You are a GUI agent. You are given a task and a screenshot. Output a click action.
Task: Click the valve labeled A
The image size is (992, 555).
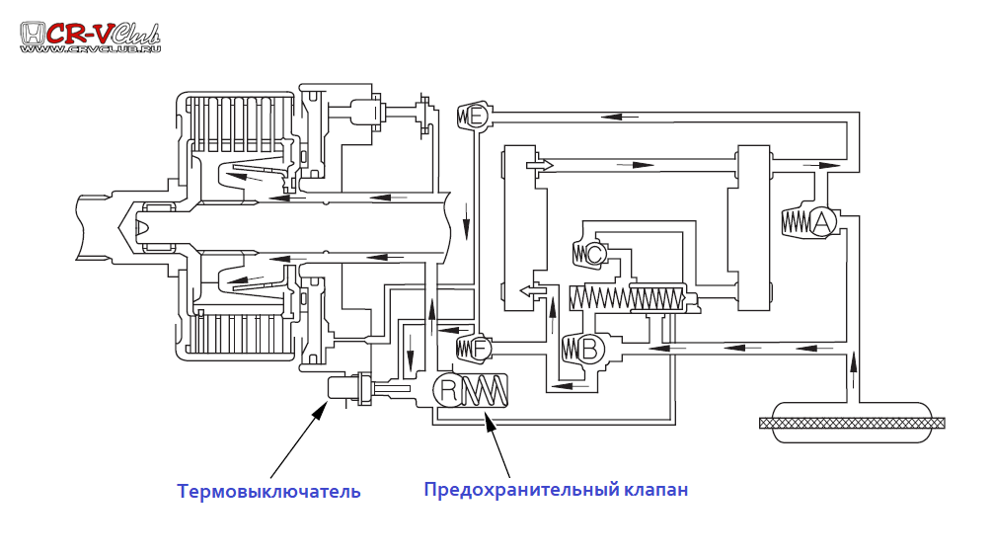pos(821,222)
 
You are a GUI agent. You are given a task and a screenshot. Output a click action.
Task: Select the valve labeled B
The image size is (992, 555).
pos(589,348)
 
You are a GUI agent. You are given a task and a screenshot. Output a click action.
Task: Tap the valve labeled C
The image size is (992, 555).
pos(594,254)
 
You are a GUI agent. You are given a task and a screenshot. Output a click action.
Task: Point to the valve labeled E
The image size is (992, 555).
pos(478,117)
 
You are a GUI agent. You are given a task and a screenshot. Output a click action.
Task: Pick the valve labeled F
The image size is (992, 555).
pos(480,348)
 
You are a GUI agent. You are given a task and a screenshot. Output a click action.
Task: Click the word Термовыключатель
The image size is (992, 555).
pos(268,491)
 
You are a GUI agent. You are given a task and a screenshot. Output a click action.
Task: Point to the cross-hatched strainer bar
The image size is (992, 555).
pos(852,423)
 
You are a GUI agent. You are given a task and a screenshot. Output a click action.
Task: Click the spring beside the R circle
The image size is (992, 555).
pos(485,391)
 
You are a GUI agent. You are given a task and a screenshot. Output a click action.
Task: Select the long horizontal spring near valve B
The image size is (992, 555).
pos(626,295)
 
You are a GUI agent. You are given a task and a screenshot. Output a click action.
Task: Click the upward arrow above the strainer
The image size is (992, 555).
pos(853,373)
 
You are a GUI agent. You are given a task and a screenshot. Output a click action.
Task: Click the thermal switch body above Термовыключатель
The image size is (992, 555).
pos(345,389)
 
